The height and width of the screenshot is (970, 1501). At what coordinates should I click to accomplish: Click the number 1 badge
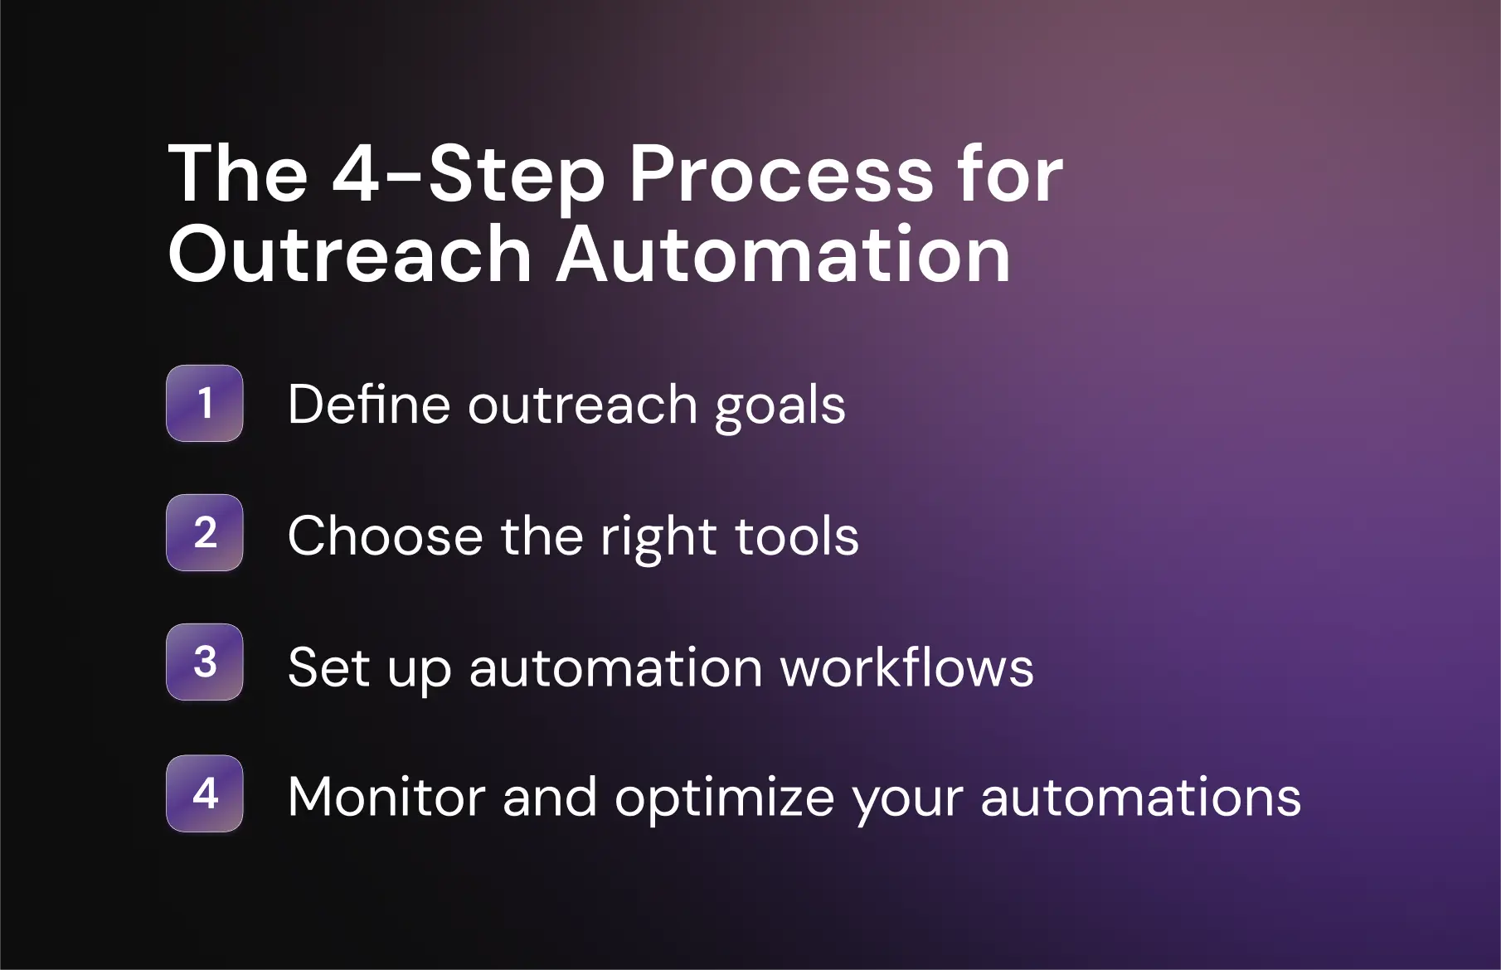pos(205,403)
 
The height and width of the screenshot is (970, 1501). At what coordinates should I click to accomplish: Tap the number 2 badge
pos(205,532)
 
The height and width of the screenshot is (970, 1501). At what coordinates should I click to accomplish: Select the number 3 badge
pos(205,662)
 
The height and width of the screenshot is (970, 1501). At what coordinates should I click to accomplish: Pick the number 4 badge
pos(205,793)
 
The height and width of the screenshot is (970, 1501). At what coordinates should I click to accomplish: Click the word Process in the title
pos(781,176)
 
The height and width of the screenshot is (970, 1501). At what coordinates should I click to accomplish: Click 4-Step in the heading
pos(469,176)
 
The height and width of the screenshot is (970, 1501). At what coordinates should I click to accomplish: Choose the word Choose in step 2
pos(385,536)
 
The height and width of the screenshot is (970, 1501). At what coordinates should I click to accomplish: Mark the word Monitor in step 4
pos(386,797)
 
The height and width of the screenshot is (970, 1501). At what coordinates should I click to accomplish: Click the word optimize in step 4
pos(723,800)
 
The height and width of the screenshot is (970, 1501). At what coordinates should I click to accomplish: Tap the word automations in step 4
pos(1141,797)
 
